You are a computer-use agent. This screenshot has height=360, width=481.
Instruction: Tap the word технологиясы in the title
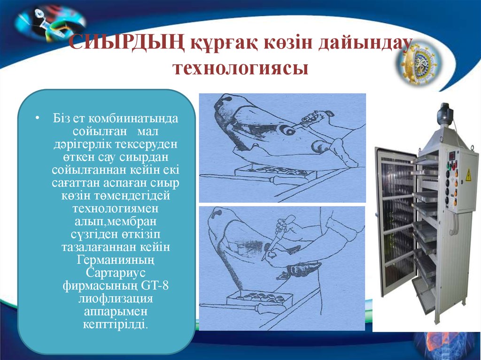pyautogui.click(x=241, y=68)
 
